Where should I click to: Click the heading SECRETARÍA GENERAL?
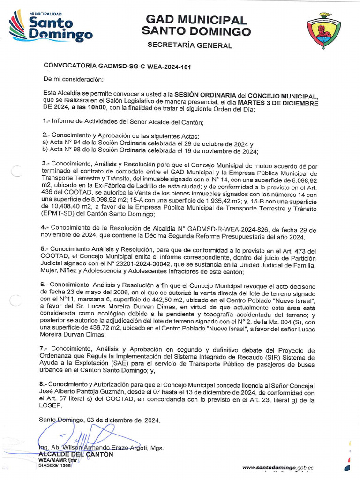(x=190, y=45)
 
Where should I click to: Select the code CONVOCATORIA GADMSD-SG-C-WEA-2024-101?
(x=117, y=67)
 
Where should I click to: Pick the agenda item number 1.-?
(x=47, y=122)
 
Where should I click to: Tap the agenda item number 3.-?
(x=47, y=166)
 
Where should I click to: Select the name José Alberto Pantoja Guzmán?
(x=85, y=392)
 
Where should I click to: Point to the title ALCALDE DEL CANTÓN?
(x=75, y=454)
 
